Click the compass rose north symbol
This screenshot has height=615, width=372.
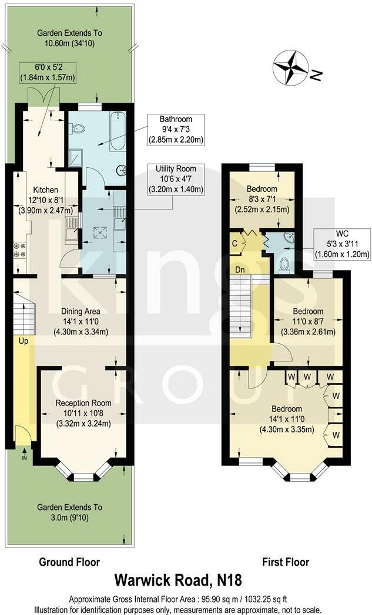click(291, 67)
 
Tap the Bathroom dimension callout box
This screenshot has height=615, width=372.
click(176, 129)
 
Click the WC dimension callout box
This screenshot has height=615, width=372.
click(342, 244)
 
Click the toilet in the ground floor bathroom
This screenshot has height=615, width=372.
click(79, 129)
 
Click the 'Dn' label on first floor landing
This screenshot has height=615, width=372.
click(240, 269)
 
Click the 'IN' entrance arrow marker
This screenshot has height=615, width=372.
click(24, 454)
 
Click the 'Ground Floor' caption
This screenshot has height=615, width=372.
click(69, 562)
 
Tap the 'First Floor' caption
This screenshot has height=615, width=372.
click(285, 562)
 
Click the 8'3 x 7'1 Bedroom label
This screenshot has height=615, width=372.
click(262, 199)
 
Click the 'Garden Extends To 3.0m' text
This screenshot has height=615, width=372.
click(69, 512)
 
